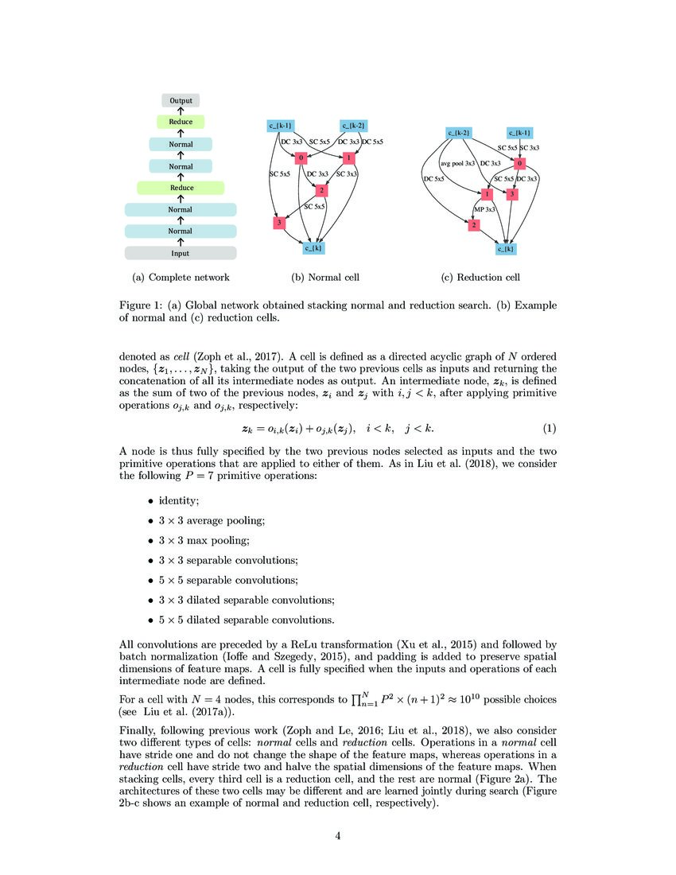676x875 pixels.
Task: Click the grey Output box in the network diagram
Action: click(181, 101)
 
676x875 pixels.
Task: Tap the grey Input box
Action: click(181, 253)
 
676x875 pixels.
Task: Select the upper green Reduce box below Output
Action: click(181, 122)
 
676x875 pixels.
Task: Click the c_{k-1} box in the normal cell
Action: click(280, 125)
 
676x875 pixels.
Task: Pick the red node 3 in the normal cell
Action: click(279, 223)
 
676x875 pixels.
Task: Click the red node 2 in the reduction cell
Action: click(475, 226)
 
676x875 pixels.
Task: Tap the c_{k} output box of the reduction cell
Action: click(506, 249)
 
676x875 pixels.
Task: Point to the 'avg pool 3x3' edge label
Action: click(457, 163)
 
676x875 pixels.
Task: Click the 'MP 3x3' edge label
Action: click(484, 209)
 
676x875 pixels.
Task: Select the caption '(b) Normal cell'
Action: click(325, 278)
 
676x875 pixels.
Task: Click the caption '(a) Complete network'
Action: click(181, 278)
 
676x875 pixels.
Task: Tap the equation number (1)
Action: click(549, 429)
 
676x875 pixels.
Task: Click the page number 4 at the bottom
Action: click(337, 835)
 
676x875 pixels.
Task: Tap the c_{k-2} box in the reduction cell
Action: click(460, 132)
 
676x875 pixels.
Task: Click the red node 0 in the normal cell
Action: click(302, 157)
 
